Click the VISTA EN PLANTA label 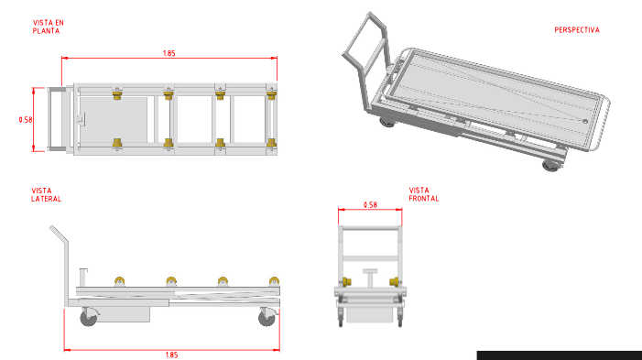[x=49, y=27]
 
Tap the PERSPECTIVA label [x=577, y=30]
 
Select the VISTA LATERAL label [x=47, y=195]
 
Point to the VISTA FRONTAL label [x=424, y=194]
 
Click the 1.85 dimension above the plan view [x=169, y=53]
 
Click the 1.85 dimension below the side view [x=171, y=355]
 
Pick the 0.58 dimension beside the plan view [x=26, y=120]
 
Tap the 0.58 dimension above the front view [x=370, y=205]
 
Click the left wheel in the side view [x=89, y=317]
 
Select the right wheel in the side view [x=267, y=317]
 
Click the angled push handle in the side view [x=60, y=262]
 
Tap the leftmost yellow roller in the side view [x=120, y=282]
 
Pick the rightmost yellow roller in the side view [x=275, y=282]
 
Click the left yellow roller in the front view [x=347, y=282]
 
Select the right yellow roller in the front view [x=394, y=282]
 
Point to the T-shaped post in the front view [x=370, y=278]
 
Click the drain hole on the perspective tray [x=585, y=121]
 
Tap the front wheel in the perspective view [x=550, y=166]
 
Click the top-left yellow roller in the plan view [x=117, y=96]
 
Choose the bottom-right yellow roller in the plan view [x=271, y=143]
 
